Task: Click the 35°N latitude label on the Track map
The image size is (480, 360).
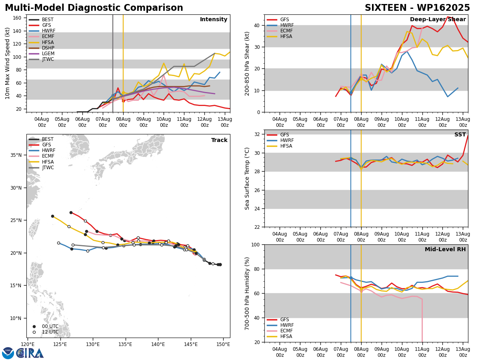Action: coord(16,155)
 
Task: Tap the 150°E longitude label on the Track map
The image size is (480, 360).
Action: coord(223,344)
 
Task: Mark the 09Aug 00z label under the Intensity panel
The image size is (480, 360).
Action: coord(144,122)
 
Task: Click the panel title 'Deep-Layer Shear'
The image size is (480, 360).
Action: coord(438,20)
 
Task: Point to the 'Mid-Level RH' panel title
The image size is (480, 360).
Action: coord(445,249)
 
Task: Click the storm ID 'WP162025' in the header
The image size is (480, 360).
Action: coord(444,8)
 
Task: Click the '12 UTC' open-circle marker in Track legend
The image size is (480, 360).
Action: coord(34,332)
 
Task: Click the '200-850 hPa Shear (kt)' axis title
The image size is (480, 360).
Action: coord(247,64)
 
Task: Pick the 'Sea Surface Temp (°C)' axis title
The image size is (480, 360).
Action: coord(247,179)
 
